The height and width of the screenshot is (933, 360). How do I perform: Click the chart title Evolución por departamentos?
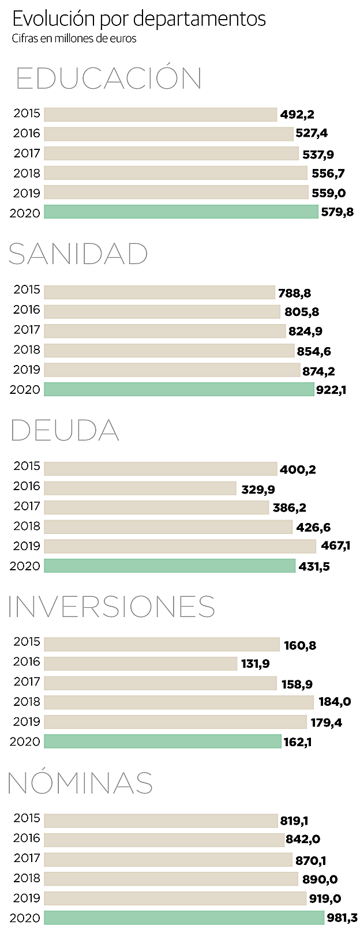pyautogui.click(x=138, y=19)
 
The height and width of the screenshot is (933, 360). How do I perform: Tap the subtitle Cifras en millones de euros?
pyautogui.click(x=74, y=39)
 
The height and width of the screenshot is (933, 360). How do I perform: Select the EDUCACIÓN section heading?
pyautogui.click(x=108, y=78)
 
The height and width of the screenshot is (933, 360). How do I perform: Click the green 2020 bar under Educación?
pyautogui.click(x=181, y=212)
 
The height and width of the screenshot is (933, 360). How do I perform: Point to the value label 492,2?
pyautogui.click(x=297, y=114)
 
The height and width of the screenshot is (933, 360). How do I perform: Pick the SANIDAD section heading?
pyautogui.click(x=78, y=254)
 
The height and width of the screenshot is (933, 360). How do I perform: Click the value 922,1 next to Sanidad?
pyautogui.click(x=331, y=390)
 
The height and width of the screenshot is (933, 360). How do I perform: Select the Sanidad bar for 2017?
pyautogui.click(x=164, y=331)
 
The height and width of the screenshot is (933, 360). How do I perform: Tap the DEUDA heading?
pyautogui.click(x=64, y=431)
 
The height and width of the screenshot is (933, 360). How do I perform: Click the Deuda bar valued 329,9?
pyautogui.click(x=140, y=488)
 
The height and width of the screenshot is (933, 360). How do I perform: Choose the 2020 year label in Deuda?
pyautogui.click(x=25, y=566)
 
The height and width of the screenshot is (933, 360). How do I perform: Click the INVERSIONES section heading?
pyautogui.click(x=111, y=607)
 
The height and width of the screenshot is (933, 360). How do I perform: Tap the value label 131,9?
pyautogui.click(x=256, y=664)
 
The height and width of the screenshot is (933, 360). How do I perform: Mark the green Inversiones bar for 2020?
pyautogui.click(x=162, y=742)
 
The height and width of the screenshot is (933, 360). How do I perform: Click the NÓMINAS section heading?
pyautogui.click(x=80, y=783)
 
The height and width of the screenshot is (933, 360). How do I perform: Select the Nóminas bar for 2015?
pyautogui.click(x=160, y=820)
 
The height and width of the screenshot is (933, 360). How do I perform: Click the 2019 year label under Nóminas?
pyautogui.click(x=27, y=898)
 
